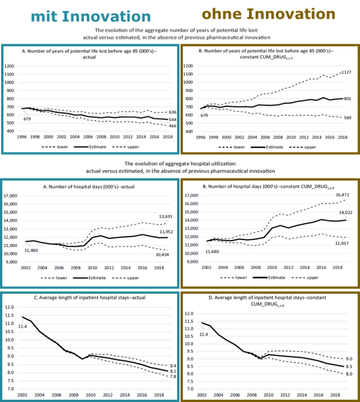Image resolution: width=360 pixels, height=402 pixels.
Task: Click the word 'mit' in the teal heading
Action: point(45,16)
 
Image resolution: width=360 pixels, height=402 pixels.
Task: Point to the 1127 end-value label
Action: point(346,72)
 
